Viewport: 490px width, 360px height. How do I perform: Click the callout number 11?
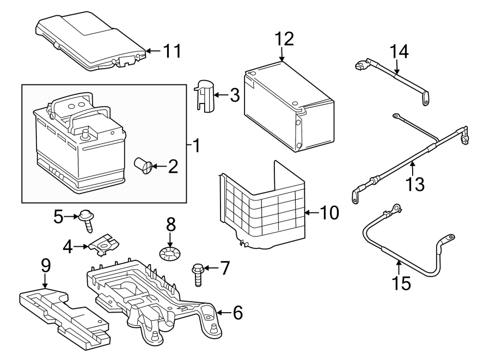pos(173,51)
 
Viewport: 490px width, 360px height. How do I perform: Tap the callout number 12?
pos(284,39)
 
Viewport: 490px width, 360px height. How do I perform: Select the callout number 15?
pos(402,283)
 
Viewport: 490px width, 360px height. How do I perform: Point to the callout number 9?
pos(46,266)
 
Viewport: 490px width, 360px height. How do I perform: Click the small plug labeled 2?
pos(143,166)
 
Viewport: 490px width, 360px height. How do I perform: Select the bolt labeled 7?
pos(198,274)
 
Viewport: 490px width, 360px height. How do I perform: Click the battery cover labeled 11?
pos(90,42)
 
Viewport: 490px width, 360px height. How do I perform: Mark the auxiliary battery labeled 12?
pos(289,107)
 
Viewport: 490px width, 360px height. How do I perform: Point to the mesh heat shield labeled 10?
pos(262,206)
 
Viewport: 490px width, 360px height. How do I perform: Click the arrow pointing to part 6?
pos(225,312)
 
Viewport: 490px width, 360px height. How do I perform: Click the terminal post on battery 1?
pos(85,135)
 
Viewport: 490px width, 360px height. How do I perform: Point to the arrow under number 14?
pos(396,67)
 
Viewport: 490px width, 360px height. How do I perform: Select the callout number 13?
pos(415,184)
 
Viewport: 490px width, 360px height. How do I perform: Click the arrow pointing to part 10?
pos(312,212)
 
